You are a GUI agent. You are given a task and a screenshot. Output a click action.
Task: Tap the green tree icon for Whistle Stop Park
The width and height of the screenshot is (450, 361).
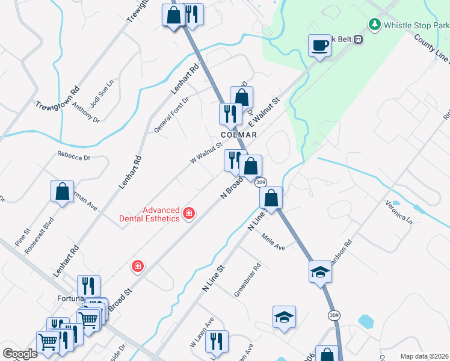(x=375, y=25)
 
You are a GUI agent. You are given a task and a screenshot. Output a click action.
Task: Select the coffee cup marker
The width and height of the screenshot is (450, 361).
(x=319, y=45)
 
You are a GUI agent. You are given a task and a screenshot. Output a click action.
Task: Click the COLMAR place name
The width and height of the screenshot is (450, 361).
(x=238, y=135)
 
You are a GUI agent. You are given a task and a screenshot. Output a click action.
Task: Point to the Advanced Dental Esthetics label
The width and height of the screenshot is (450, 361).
(x=161, y=214)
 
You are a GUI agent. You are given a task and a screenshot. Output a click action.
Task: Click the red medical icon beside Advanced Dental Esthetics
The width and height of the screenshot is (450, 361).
(x=189, y=213)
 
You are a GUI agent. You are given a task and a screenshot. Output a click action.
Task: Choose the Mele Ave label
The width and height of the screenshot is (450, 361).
(x=273, y=242)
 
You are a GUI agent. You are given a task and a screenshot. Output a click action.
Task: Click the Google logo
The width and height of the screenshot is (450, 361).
(x=20, y=354)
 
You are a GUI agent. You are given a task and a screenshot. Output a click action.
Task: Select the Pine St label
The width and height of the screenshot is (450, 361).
(x=22, y=236)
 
